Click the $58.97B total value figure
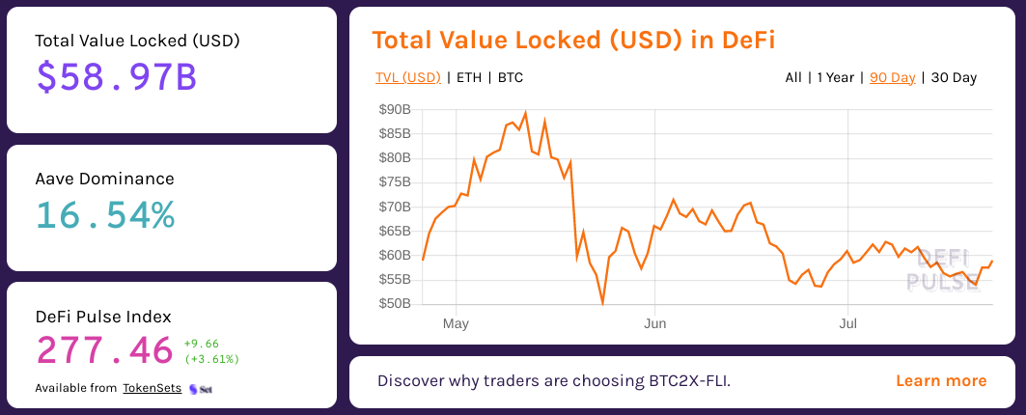point(116,76)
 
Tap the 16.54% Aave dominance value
point(105,214)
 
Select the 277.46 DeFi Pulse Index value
point(104,350)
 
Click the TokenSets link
point(152,388)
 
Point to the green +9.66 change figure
point(202,343)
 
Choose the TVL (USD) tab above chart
point(407,77)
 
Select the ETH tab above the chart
point(468,77)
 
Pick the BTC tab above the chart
point(511,77)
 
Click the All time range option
point(793,77)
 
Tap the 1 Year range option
point(835,77)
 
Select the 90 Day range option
point(892,77)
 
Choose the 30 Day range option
point(954,77)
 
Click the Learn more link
point(941,380)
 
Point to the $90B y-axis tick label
point(395,109)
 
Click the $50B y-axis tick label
point(395,304)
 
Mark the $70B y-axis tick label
point(395,207)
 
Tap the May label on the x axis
point(456,323)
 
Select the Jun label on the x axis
point(654,323)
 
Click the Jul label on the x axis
point(847,323)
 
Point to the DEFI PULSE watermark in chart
point(941,270)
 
